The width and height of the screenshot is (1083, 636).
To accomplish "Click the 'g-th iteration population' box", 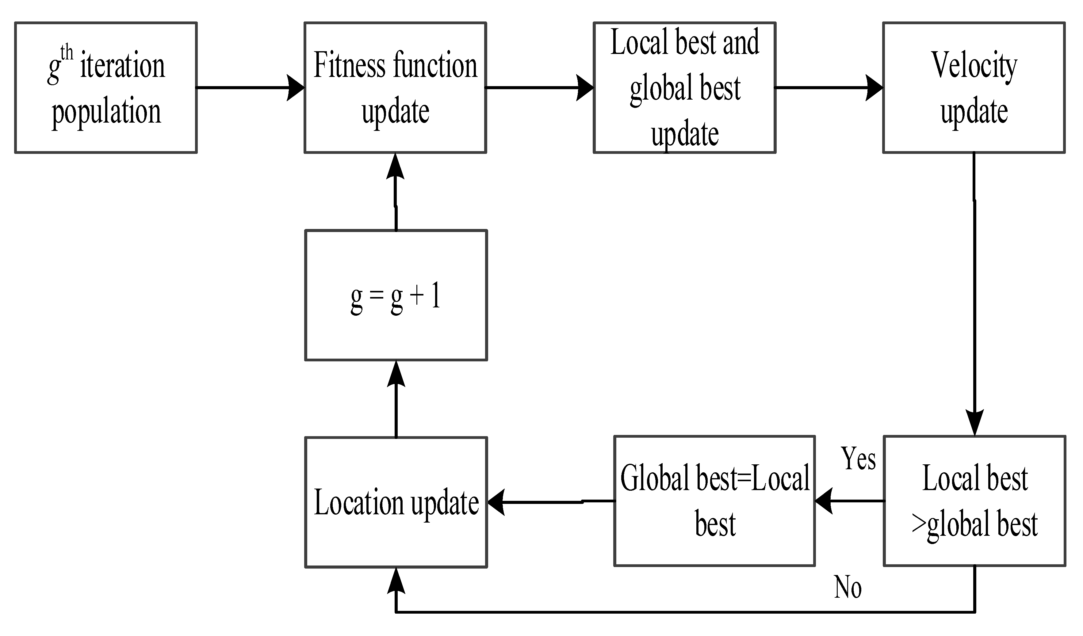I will pyautogui.click(x=106, y=88).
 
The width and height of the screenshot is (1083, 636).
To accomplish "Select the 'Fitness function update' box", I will pyautogui.click(x=395, y=88).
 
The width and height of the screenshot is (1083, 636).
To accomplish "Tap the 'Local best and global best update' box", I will pyautogui.click(x=685, y=88).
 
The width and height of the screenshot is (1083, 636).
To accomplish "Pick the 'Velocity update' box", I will pyautogui.click(x=974, y=88).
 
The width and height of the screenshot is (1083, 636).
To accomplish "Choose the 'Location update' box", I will pyautogui.click(x=396, y=502).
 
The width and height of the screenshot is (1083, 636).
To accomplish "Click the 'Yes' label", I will pyautogui.click(x=858, y=459).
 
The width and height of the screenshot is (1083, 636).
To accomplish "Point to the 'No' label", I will pyautogui.click(x=848, y=587).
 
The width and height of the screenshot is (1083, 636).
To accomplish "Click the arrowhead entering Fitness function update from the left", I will pyautogui.click(x=296, y=88).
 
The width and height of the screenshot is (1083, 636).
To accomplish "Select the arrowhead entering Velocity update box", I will pyautogui.click(x=874, y=88).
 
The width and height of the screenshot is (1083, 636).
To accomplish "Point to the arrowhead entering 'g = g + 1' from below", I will pyautogui.click(x=396, y=373).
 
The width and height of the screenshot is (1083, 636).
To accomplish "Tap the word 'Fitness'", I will pyautogui.click(x=349, y=65).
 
